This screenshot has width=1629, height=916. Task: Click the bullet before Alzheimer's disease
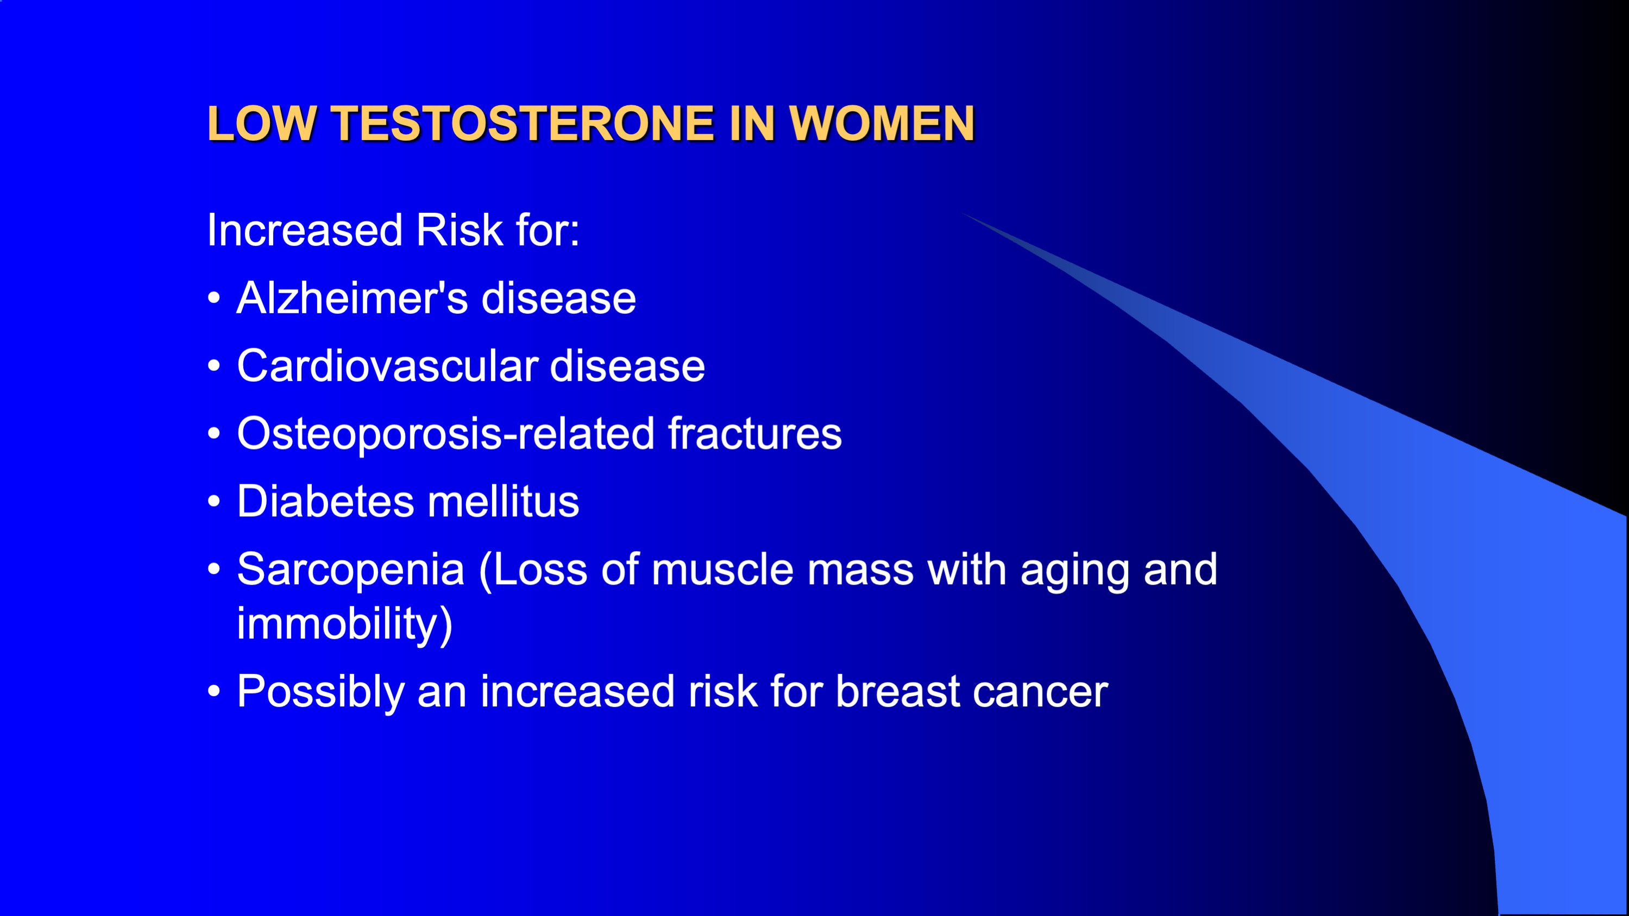click(214, 298)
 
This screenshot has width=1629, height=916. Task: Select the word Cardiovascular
click(387, 365)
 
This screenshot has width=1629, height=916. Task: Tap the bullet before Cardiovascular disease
click(214, 365)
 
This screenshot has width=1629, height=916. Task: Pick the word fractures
click(755, 434)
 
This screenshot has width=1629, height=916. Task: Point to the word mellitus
click(504, 501)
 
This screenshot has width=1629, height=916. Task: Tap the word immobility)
click(344, 624)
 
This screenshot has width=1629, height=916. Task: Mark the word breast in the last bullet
click(898, 691)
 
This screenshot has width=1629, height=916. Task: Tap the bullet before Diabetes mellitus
click(214, 501)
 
